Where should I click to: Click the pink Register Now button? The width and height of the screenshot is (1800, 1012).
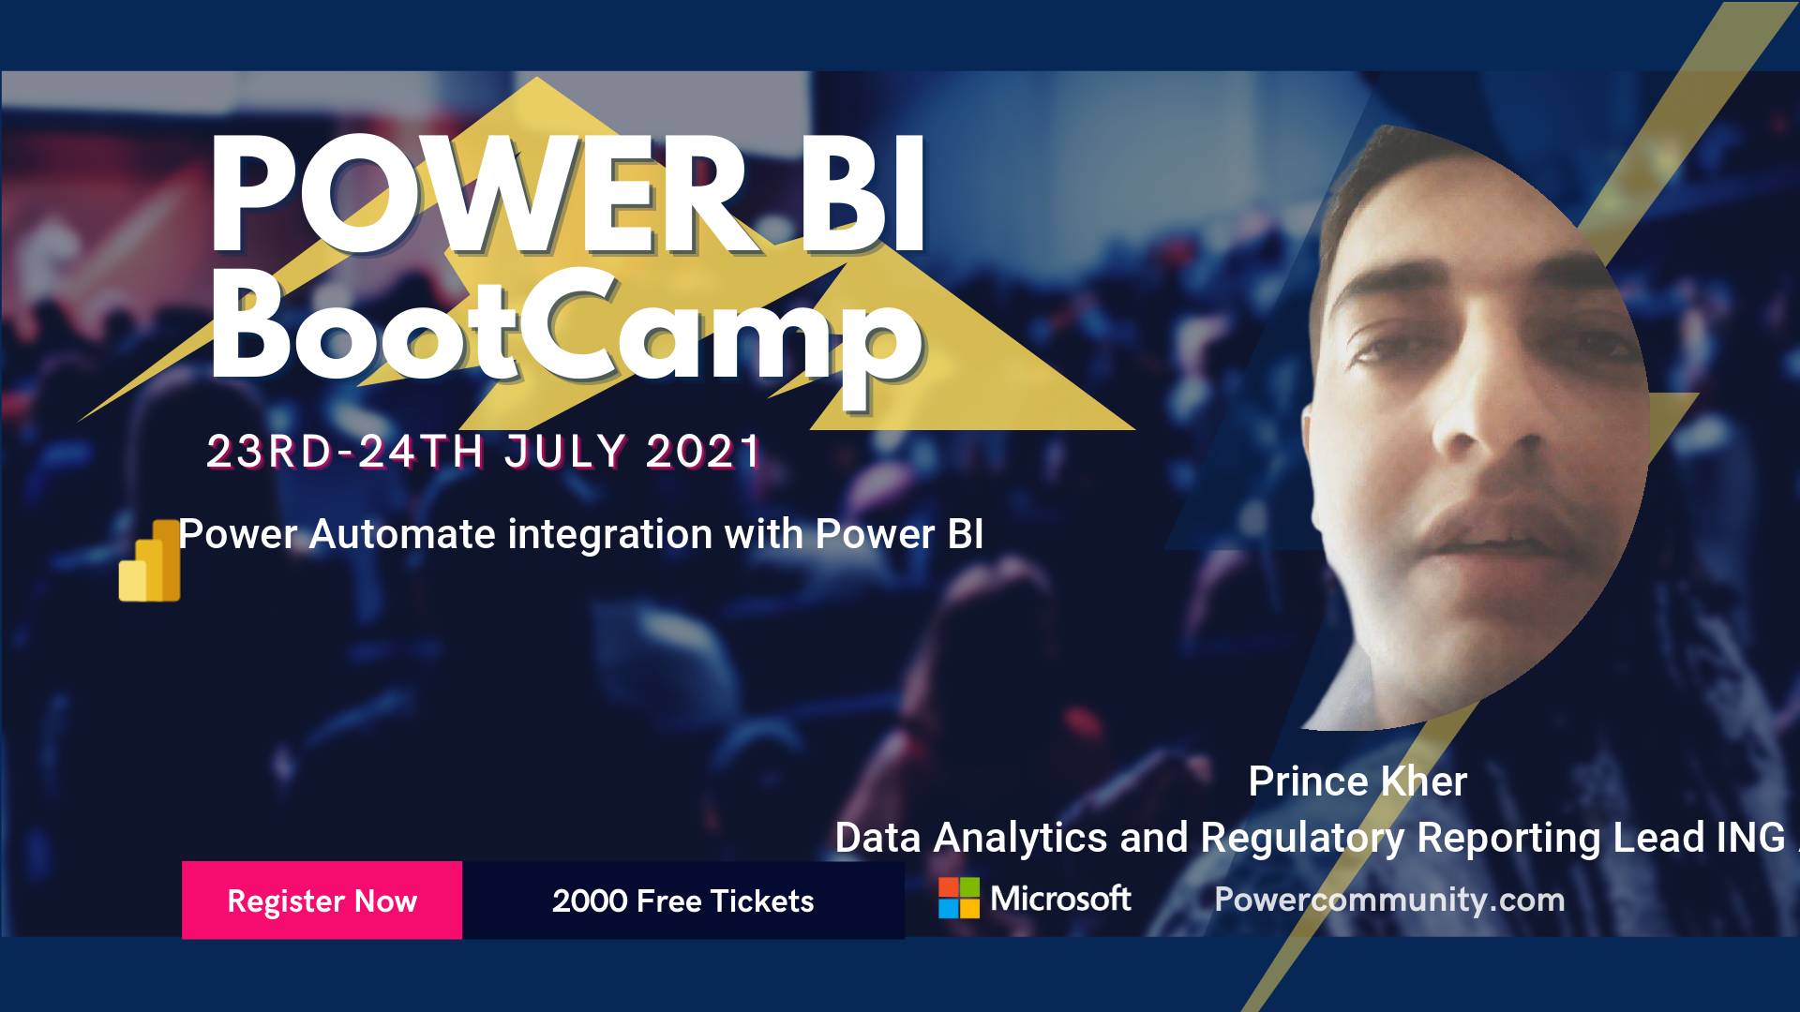click(x=322, y=900)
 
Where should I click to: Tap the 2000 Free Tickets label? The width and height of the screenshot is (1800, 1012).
click(x=682, y=901)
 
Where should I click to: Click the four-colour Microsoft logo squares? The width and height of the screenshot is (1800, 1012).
click(x=959, y=898)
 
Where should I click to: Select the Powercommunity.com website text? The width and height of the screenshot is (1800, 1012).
click(x=1389, y=900)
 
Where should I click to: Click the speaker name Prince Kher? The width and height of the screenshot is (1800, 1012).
click(x=1357, y=781)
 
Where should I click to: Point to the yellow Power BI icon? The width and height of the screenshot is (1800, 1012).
click(x=150, y=560)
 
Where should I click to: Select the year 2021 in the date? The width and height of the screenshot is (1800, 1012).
click(x=704, y=452)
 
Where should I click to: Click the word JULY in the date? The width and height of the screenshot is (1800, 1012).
click(x=564, y=452)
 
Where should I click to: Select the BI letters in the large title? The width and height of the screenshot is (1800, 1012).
click(x=863, y=196)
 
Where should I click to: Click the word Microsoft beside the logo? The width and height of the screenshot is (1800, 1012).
click(x=1060, y=899)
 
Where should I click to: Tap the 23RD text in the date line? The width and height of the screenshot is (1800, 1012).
click(x=269, y=452)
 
